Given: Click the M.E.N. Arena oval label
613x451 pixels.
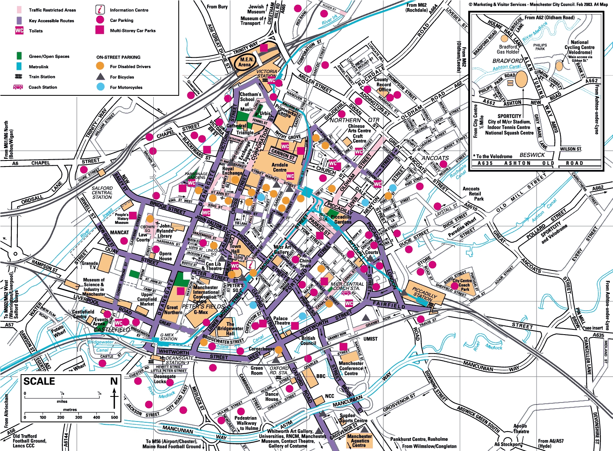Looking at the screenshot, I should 244,62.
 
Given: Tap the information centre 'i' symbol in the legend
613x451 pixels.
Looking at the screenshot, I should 99,10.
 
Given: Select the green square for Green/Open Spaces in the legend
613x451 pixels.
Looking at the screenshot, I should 19,56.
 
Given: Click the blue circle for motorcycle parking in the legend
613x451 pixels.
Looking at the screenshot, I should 100,87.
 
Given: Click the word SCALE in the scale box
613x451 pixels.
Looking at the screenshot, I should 39,381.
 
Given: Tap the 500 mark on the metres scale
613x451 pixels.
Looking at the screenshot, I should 114,417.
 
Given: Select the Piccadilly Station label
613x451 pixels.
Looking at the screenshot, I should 423,293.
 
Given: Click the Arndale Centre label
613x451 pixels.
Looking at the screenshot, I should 279,167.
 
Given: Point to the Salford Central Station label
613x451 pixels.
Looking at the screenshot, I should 102,192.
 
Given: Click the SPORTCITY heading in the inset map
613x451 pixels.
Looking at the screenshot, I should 509,116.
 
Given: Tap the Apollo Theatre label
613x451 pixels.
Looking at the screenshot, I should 521,428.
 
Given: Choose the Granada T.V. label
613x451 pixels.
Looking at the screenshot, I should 89,265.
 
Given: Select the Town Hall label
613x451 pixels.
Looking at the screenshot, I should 235,249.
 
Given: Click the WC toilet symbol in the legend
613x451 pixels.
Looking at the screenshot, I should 19,31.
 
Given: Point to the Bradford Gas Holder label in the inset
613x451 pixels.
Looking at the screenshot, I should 508,49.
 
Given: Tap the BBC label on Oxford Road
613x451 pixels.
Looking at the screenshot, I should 321,376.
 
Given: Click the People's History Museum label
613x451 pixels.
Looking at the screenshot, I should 122,219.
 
